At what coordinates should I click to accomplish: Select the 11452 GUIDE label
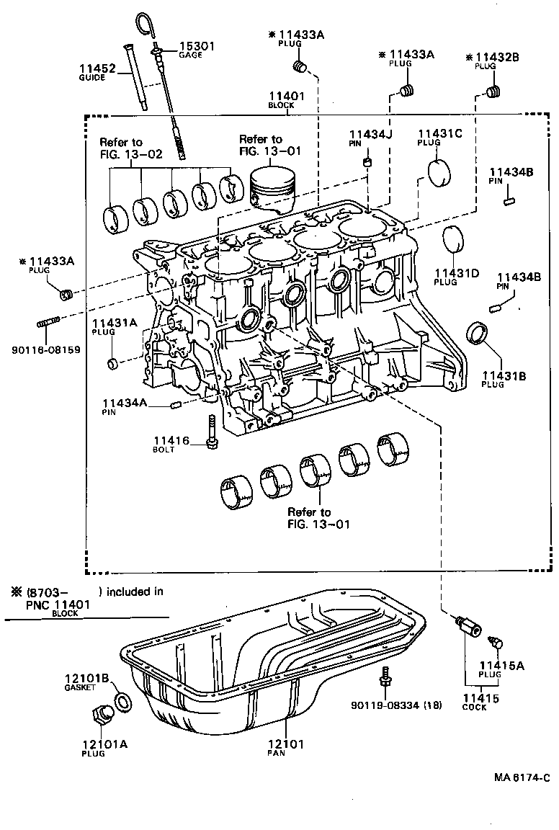(97, 72)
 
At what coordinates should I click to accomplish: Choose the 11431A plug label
(114, 328)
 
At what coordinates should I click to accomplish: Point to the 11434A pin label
(124, 406)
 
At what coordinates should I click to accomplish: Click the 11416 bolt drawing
(211, 432)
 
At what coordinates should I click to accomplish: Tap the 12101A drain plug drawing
(100, 715)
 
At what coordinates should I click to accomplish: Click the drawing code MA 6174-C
(522, 777)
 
